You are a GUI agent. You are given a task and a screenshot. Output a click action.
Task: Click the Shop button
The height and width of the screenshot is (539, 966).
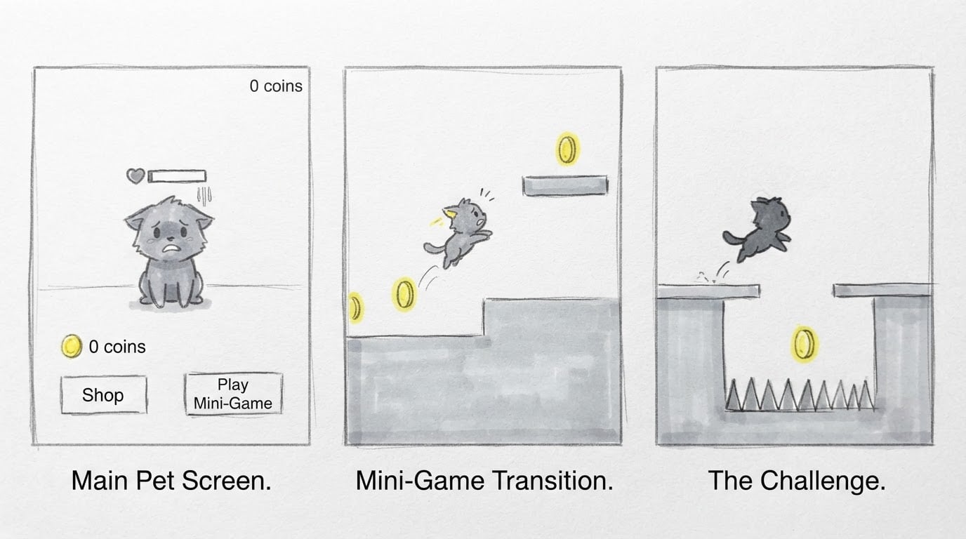(x=104, y=395)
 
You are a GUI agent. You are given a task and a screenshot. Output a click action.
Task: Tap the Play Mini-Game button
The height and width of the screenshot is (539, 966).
(x=233, y=394)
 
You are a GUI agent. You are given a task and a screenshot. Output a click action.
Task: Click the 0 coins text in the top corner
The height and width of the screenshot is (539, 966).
(x=276, y=86)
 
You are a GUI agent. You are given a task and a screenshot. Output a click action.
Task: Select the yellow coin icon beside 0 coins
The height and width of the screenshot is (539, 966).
(x=72, y=346)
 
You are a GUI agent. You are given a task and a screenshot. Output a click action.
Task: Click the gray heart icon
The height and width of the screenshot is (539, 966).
(x=135, y=175)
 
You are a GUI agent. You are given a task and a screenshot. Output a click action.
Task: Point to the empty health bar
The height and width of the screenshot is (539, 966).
(x=177, y=176)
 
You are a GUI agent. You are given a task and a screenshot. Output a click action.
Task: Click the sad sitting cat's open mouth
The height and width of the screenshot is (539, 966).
(x=171, y=250)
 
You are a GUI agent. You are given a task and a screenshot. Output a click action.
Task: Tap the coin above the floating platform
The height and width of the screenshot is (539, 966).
(x=567, y=149)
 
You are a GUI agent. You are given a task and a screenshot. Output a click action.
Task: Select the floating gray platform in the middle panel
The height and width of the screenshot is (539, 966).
(x=565, y=185)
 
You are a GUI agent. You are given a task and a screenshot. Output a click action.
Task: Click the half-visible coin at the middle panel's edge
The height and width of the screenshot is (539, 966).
(x=355, y=307)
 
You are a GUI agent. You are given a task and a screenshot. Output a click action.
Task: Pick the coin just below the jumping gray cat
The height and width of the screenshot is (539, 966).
(x=404, y=294)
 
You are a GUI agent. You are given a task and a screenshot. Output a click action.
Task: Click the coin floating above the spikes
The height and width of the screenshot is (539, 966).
(x=805, y=344)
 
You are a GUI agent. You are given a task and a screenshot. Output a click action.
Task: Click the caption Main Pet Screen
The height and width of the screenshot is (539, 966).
(x=171, y=481)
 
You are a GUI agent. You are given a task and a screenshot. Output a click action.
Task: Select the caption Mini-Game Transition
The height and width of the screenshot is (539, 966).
(x=484, y=481)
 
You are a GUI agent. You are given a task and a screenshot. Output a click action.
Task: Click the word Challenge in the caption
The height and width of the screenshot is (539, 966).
(x=822, y=481)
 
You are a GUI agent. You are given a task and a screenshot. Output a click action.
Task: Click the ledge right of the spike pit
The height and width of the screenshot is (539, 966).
(x=882, y=290)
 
